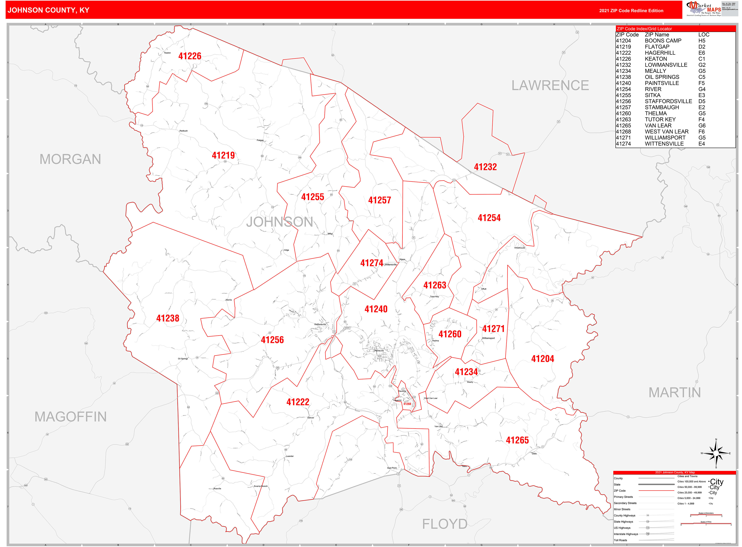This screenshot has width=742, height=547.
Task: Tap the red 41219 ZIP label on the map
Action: tap(223, 155)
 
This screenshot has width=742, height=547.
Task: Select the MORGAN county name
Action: tap(70, 159)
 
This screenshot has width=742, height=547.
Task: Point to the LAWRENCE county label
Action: tap(550, 85)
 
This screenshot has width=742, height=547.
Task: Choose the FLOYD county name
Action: tap(444, 524)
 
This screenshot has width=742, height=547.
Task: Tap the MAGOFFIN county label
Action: tap(70, 417)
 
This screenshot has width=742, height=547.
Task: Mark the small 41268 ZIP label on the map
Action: tap(407, 404)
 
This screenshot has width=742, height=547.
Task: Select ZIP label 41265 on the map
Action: tap(517, 440)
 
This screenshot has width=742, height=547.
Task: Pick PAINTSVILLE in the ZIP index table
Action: tap(662, 83)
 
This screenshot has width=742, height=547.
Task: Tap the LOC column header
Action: tap(704, 35)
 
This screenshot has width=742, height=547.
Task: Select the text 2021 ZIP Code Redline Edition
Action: tap(631, 11)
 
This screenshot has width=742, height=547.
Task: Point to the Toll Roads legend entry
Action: tap(620, 540)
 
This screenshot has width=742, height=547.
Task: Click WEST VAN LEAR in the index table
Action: tap(667, 132)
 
